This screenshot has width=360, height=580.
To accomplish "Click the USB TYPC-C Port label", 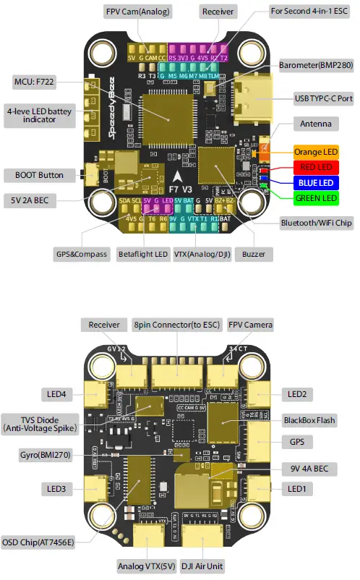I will pyautogui.click(x=323, y=97).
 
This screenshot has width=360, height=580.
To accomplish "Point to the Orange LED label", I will pyautogui.click(x=315, y=153).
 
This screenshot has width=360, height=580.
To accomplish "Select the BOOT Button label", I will pyautogui.click(x=39, y=175).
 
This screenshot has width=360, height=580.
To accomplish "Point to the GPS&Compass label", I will pyautogui.click(x=78, y=255).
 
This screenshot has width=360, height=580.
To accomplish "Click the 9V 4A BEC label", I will pyautogui.click(x=309, y=469).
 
